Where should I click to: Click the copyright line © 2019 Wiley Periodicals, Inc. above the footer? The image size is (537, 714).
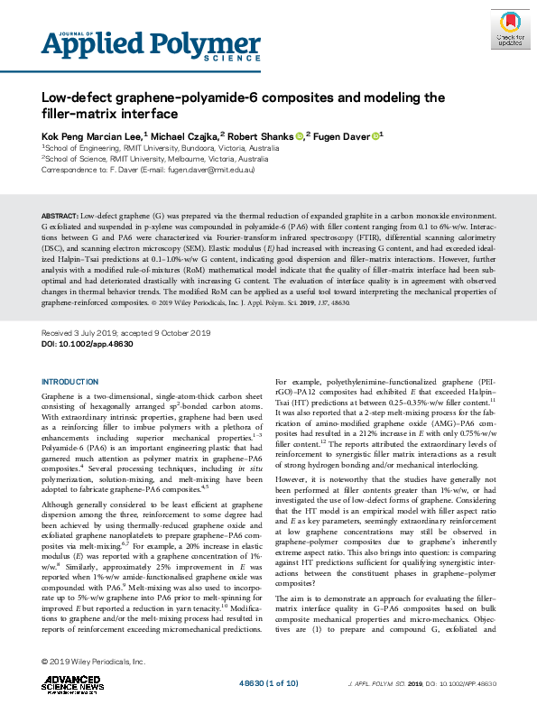(94, 663)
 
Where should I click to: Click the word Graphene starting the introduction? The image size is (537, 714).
(60, 397)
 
